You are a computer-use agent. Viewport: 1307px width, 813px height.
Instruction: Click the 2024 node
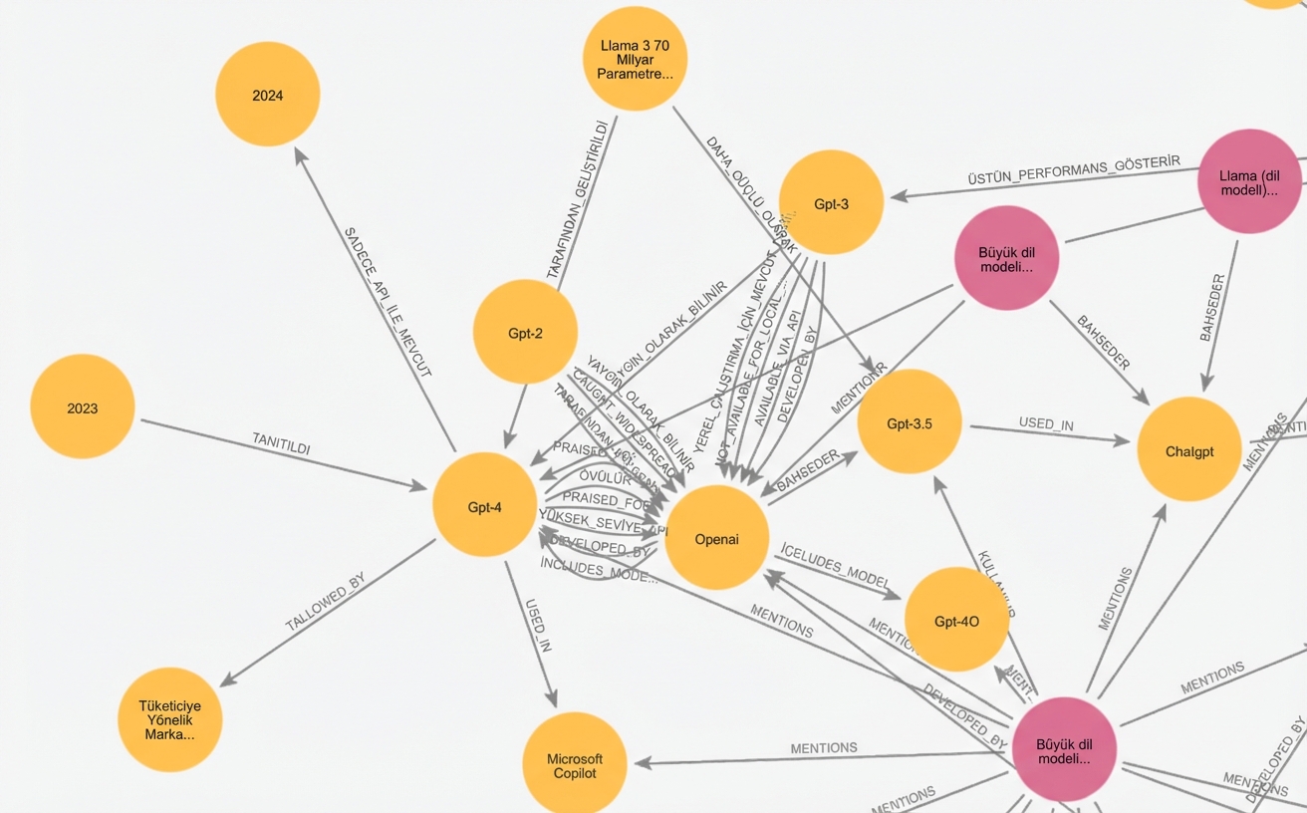[x=267, y=95]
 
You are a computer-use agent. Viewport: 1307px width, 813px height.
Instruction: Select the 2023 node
[x=83, y=407]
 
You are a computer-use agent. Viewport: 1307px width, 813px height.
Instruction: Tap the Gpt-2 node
[x=525, y=333]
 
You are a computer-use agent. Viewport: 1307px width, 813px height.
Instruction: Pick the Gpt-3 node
[x=831, y=203]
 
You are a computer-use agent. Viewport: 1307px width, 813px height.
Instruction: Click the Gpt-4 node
[x=485, y=506]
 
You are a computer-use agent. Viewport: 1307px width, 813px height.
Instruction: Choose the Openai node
[x=716, y=539]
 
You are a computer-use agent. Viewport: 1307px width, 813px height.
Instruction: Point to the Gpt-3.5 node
[x=909, y=422]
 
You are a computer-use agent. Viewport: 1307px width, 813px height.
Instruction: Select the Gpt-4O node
[x=956, y=621]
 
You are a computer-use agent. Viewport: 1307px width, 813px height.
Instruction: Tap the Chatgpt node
[x=1188, y=450]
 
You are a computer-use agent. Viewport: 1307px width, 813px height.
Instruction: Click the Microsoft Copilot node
[x=575, y=765]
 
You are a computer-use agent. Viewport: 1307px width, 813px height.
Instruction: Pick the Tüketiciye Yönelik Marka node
[x=169, y=719]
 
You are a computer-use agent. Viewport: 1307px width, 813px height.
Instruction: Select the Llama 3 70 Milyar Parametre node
[x=635, y=59]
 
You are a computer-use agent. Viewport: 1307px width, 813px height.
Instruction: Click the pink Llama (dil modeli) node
[x=1249, y=182]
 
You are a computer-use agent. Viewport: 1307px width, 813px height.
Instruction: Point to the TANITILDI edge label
[x=281, y=444]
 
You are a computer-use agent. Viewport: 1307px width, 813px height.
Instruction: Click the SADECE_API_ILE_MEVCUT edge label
[x=388, y=302]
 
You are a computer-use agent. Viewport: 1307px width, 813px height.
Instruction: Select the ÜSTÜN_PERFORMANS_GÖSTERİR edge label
[x=1073, y=170]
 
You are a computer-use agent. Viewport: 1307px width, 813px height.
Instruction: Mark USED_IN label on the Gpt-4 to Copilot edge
[x=537, y=626]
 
